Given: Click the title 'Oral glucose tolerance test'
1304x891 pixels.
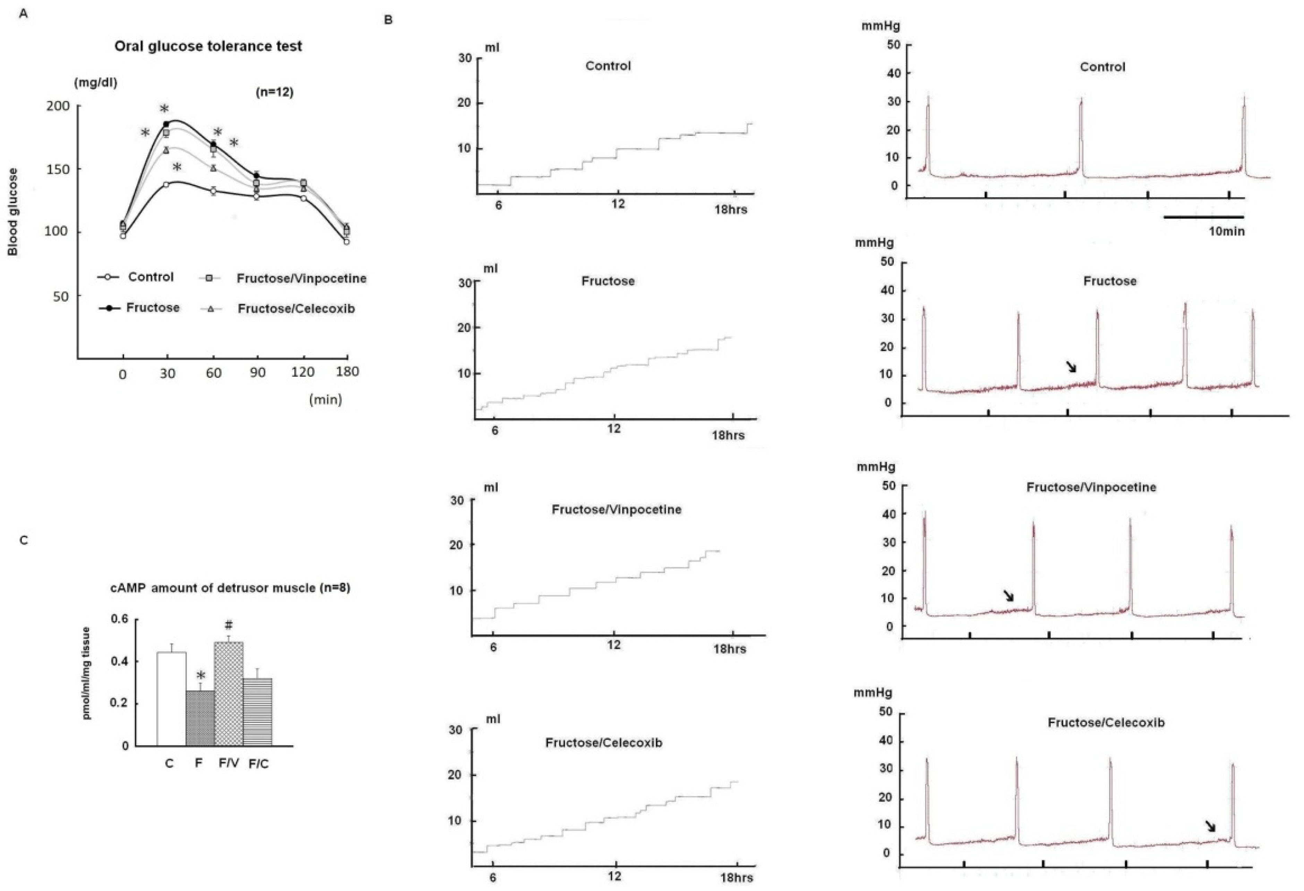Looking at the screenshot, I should [x=208, y=46].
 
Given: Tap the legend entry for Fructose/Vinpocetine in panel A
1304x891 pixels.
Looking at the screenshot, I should [x=301, y=278].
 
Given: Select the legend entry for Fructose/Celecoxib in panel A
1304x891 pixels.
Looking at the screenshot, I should [x=296, y=308].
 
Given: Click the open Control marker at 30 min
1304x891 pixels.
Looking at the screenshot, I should [x=166, y=184].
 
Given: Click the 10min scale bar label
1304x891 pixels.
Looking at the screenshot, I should [x=1226, y=230].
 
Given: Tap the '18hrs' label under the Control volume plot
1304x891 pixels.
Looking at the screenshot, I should [x=731, y=210].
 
